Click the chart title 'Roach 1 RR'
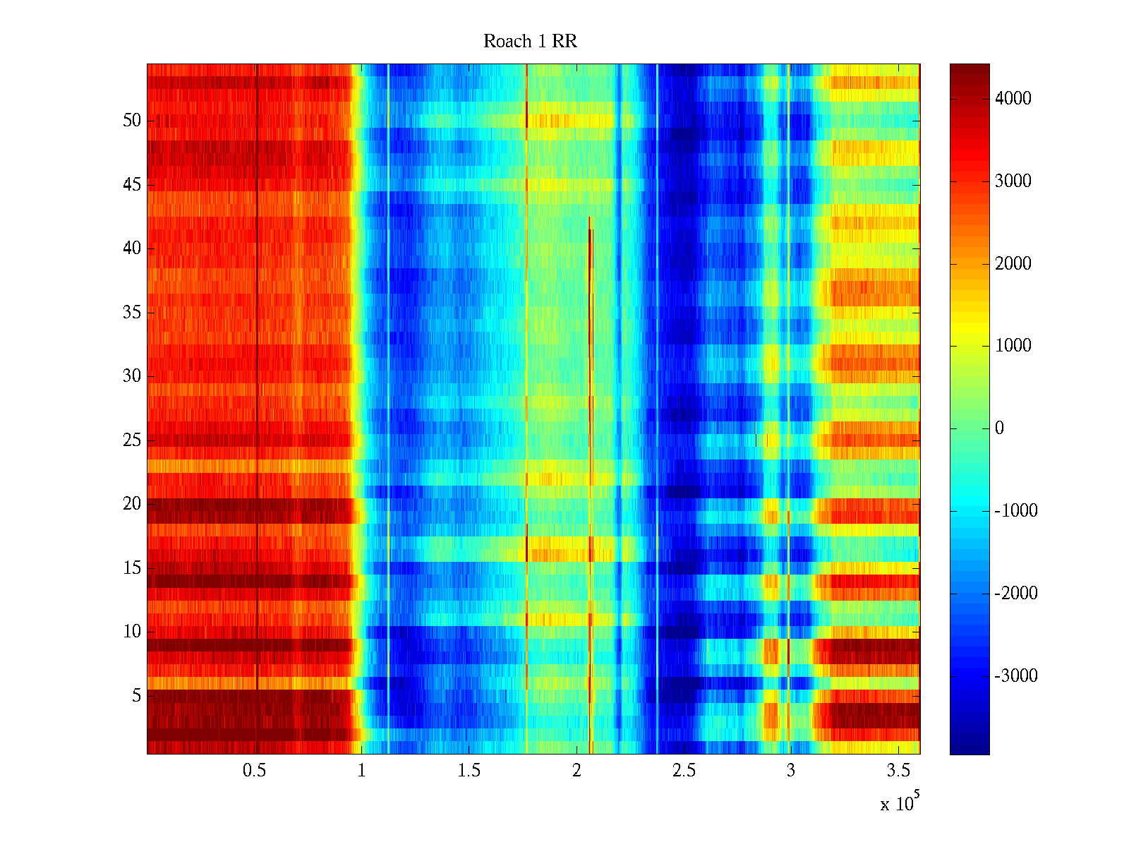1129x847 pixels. (530, 42)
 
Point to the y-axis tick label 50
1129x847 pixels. (132, 121)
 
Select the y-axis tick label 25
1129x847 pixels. (132, 440)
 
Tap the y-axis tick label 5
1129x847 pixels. (136, 696)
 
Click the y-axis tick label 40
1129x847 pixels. (132, 248)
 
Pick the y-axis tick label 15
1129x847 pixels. (132, 568)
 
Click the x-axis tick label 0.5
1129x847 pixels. (254, 771)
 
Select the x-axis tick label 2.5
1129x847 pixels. (684, 771)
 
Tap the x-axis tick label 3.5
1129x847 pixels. (898, 771)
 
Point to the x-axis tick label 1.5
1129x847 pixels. (469, 771)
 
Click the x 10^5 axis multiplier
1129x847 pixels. (900, 803)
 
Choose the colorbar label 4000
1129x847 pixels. (1013, 99)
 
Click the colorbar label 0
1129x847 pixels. (999, 428)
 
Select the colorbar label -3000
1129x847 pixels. (1016, 676)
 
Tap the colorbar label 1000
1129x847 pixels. (1013, 346)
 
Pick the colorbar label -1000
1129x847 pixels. (1016, 511)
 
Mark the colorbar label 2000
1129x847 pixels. (1013, 264)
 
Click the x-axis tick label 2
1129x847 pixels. (576, 771)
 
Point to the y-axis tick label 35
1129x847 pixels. (132, 313)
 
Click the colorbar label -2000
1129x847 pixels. (1016, 594)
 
